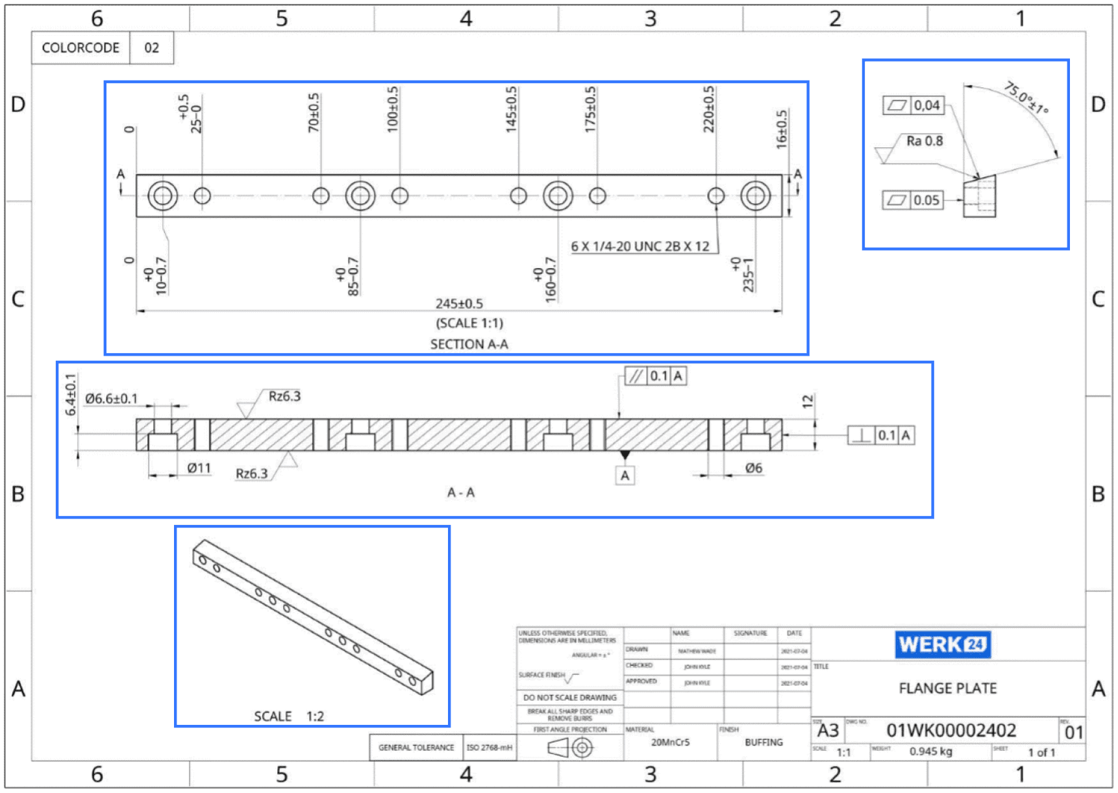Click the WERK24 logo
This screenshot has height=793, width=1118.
pos(942,644)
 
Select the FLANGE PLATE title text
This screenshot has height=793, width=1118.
pos(947,688)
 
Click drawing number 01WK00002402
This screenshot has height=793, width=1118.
pos(950,731)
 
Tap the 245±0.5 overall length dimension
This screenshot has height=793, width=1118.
pos(459,303)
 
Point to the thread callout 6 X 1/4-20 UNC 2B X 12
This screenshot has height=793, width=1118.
pos(640,247)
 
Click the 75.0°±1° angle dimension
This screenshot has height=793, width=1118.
pos(1026,97)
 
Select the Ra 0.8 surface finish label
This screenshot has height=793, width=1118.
pos(924,141)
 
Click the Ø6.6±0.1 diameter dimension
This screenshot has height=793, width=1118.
pos(111,398)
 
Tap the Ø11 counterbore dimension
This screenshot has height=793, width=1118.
pos(199,468)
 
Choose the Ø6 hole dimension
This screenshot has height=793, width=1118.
pos(753,468)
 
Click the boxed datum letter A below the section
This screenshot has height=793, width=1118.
pos(625,476)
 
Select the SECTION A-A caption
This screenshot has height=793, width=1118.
pos(469,344)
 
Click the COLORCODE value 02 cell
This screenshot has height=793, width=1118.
pos(151,48)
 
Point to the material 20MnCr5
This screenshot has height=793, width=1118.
pos(670,742)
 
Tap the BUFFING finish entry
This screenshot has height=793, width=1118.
pos(764,742)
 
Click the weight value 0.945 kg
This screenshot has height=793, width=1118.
pos(930,751)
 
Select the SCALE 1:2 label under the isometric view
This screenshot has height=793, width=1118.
pos(288,716)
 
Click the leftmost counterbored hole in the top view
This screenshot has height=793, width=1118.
pos(162,195)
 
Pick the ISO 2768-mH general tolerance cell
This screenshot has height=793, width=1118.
pos(489,748)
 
